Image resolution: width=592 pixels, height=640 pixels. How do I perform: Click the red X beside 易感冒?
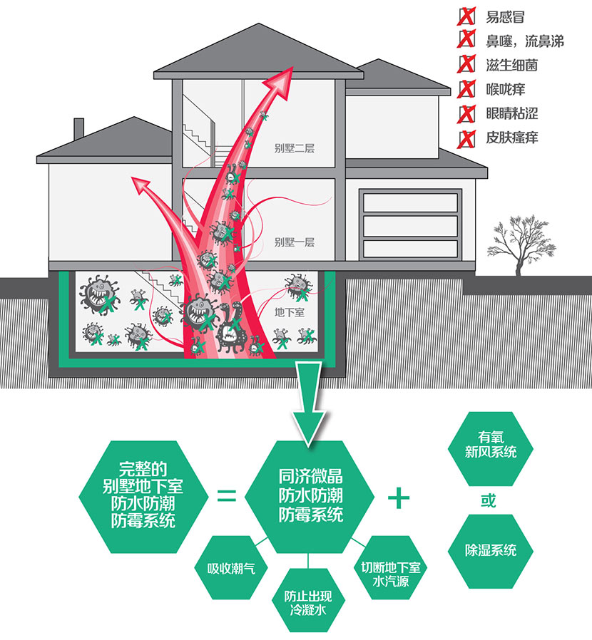[466, 16]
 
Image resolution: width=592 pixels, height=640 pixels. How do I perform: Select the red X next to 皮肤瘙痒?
[466, 137]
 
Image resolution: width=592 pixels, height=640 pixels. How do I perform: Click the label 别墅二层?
[294, 149]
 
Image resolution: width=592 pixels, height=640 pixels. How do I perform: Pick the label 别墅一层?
[294, 242]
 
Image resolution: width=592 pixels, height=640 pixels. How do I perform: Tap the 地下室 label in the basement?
[291, 312]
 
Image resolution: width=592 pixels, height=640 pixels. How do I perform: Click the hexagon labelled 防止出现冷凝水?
[308, 602]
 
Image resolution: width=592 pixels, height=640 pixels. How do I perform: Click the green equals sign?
[226, 495]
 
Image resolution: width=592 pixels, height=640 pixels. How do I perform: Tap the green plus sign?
[399, 497]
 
